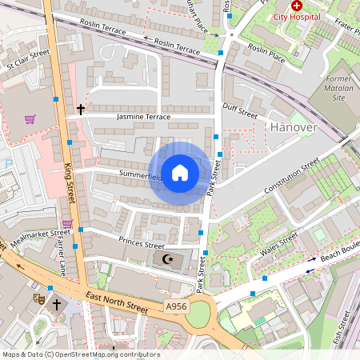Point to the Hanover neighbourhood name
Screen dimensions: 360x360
click(x=294, y=127)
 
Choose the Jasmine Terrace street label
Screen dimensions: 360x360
click(x=143, y=117)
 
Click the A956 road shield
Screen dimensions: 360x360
click(x=178, y=306)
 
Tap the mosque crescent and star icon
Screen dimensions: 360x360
click(x=167, y=259)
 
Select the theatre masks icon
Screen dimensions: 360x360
click(x=38, y=297)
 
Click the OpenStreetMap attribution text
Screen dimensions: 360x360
click(x=81, y=354)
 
